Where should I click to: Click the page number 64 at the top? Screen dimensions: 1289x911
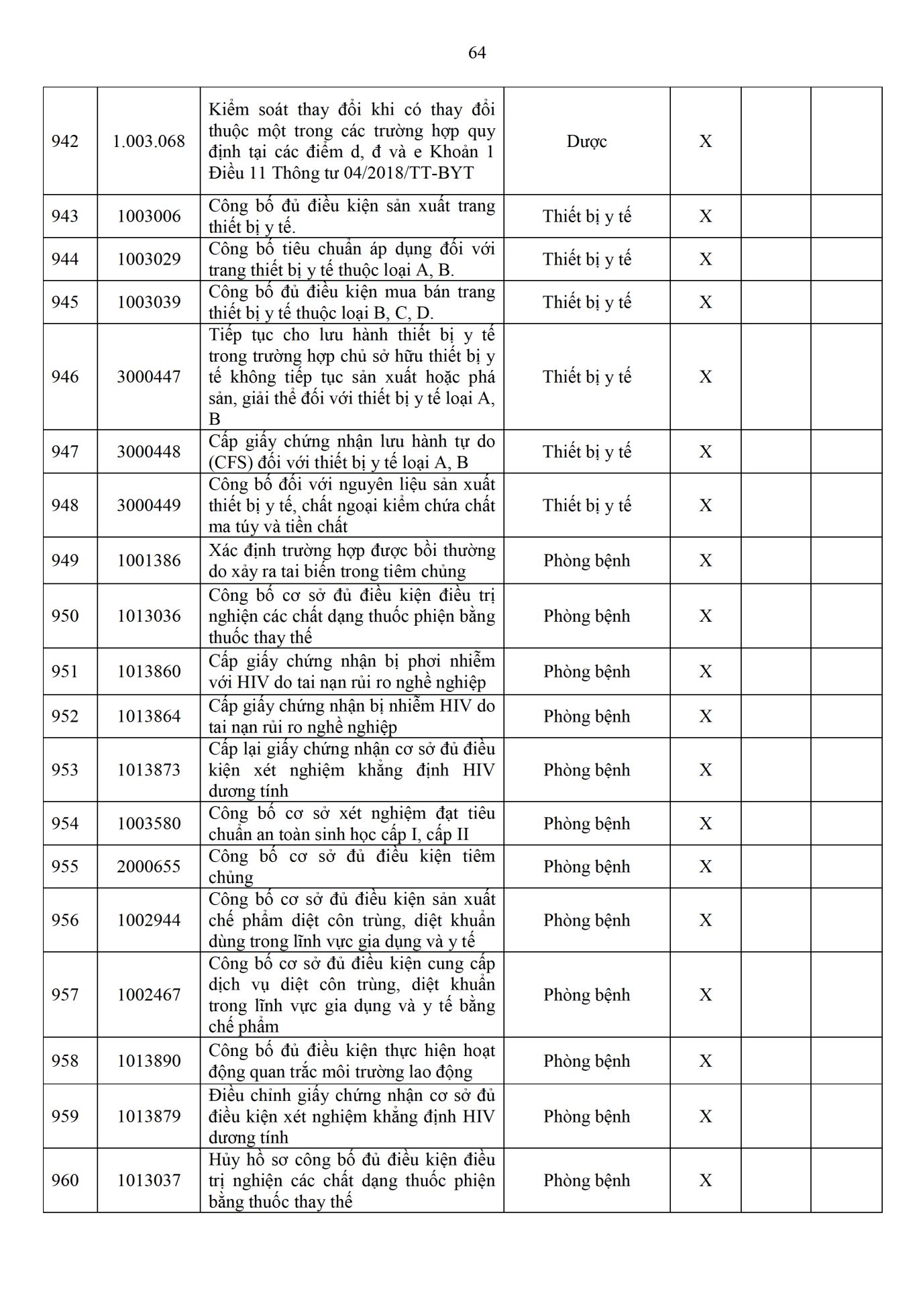coord(477,53)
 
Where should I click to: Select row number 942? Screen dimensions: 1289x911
coord(65,142)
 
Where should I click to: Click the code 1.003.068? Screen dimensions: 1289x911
coord(149,142)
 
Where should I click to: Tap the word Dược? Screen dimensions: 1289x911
coord(587,142)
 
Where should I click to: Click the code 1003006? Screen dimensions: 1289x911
coord(149,216)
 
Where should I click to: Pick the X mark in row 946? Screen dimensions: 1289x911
coord(706,377)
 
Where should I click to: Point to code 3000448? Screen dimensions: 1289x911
coord(149,452)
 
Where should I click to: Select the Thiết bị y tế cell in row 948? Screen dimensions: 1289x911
coord(587,506)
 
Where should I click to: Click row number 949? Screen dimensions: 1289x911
coord(65,561)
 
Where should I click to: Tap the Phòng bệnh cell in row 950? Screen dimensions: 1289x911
coord(587,616)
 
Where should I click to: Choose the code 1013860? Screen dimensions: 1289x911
coord(149,671)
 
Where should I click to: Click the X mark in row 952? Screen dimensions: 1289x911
coord(706,716)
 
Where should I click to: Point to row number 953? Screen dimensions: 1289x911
coord(65,770)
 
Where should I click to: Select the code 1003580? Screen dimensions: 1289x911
coord(149,824)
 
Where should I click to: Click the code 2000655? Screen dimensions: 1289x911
coord(149,867)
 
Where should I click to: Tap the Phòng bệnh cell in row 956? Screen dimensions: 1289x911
coord(587,920)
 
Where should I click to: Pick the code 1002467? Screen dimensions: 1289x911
coord(149,995)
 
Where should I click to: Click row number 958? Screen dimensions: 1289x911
coord(65,1061)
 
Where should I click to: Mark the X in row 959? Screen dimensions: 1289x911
coord(706,1116)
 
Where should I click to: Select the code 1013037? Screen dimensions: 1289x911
coord(149,1180)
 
